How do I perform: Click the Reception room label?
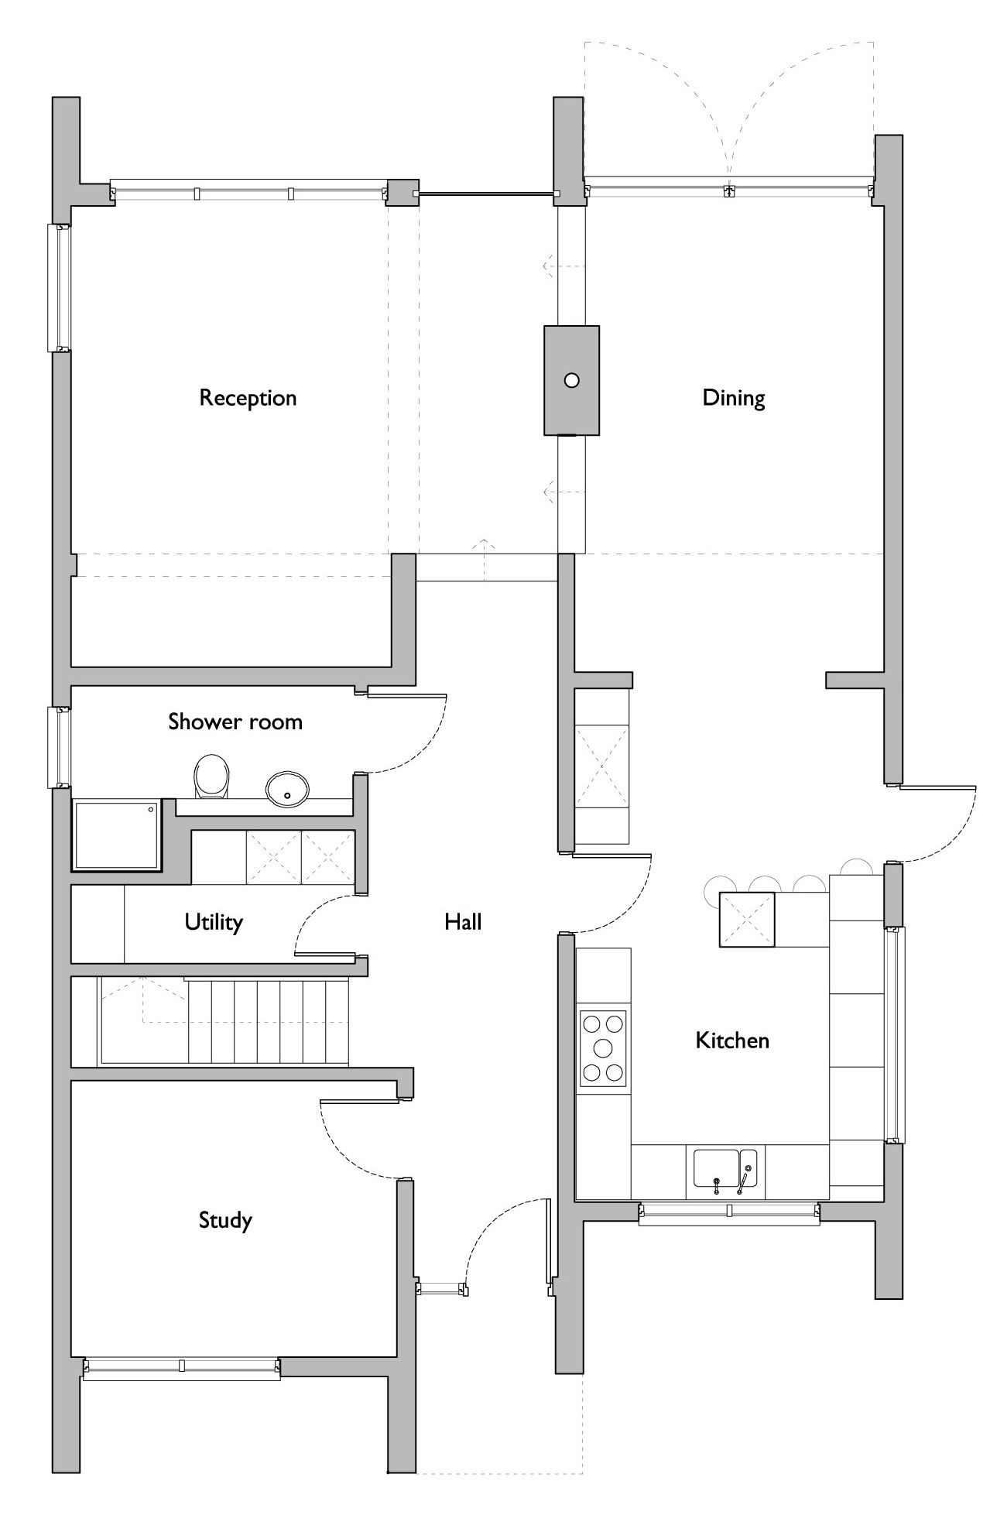[x=248, y=398]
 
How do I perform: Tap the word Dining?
[x=733, y=398]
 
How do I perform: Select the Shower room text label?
[x=235, y=722]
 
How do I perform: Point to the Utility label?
[x=214, y=921]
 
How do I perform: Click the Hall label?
[x=463, y=921]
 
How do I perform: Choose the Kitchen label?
[x=732, y=1040]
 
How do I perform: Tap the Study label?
[x=225, y=1220]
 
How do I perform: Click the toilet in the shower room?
[x=211, y=776]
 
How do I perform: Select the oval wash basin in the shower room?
[x=287, y=789]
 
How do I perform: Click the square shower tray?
[x=116, y=835]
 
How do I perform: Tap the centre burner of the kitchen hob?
[x=603, y=1048]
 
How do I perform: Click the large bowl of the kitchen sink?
[x=716, y=1168]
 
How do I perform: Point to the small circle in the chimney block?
[x=571, y=380]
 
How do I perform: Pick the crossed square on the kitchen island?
[x=747, y=919]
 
